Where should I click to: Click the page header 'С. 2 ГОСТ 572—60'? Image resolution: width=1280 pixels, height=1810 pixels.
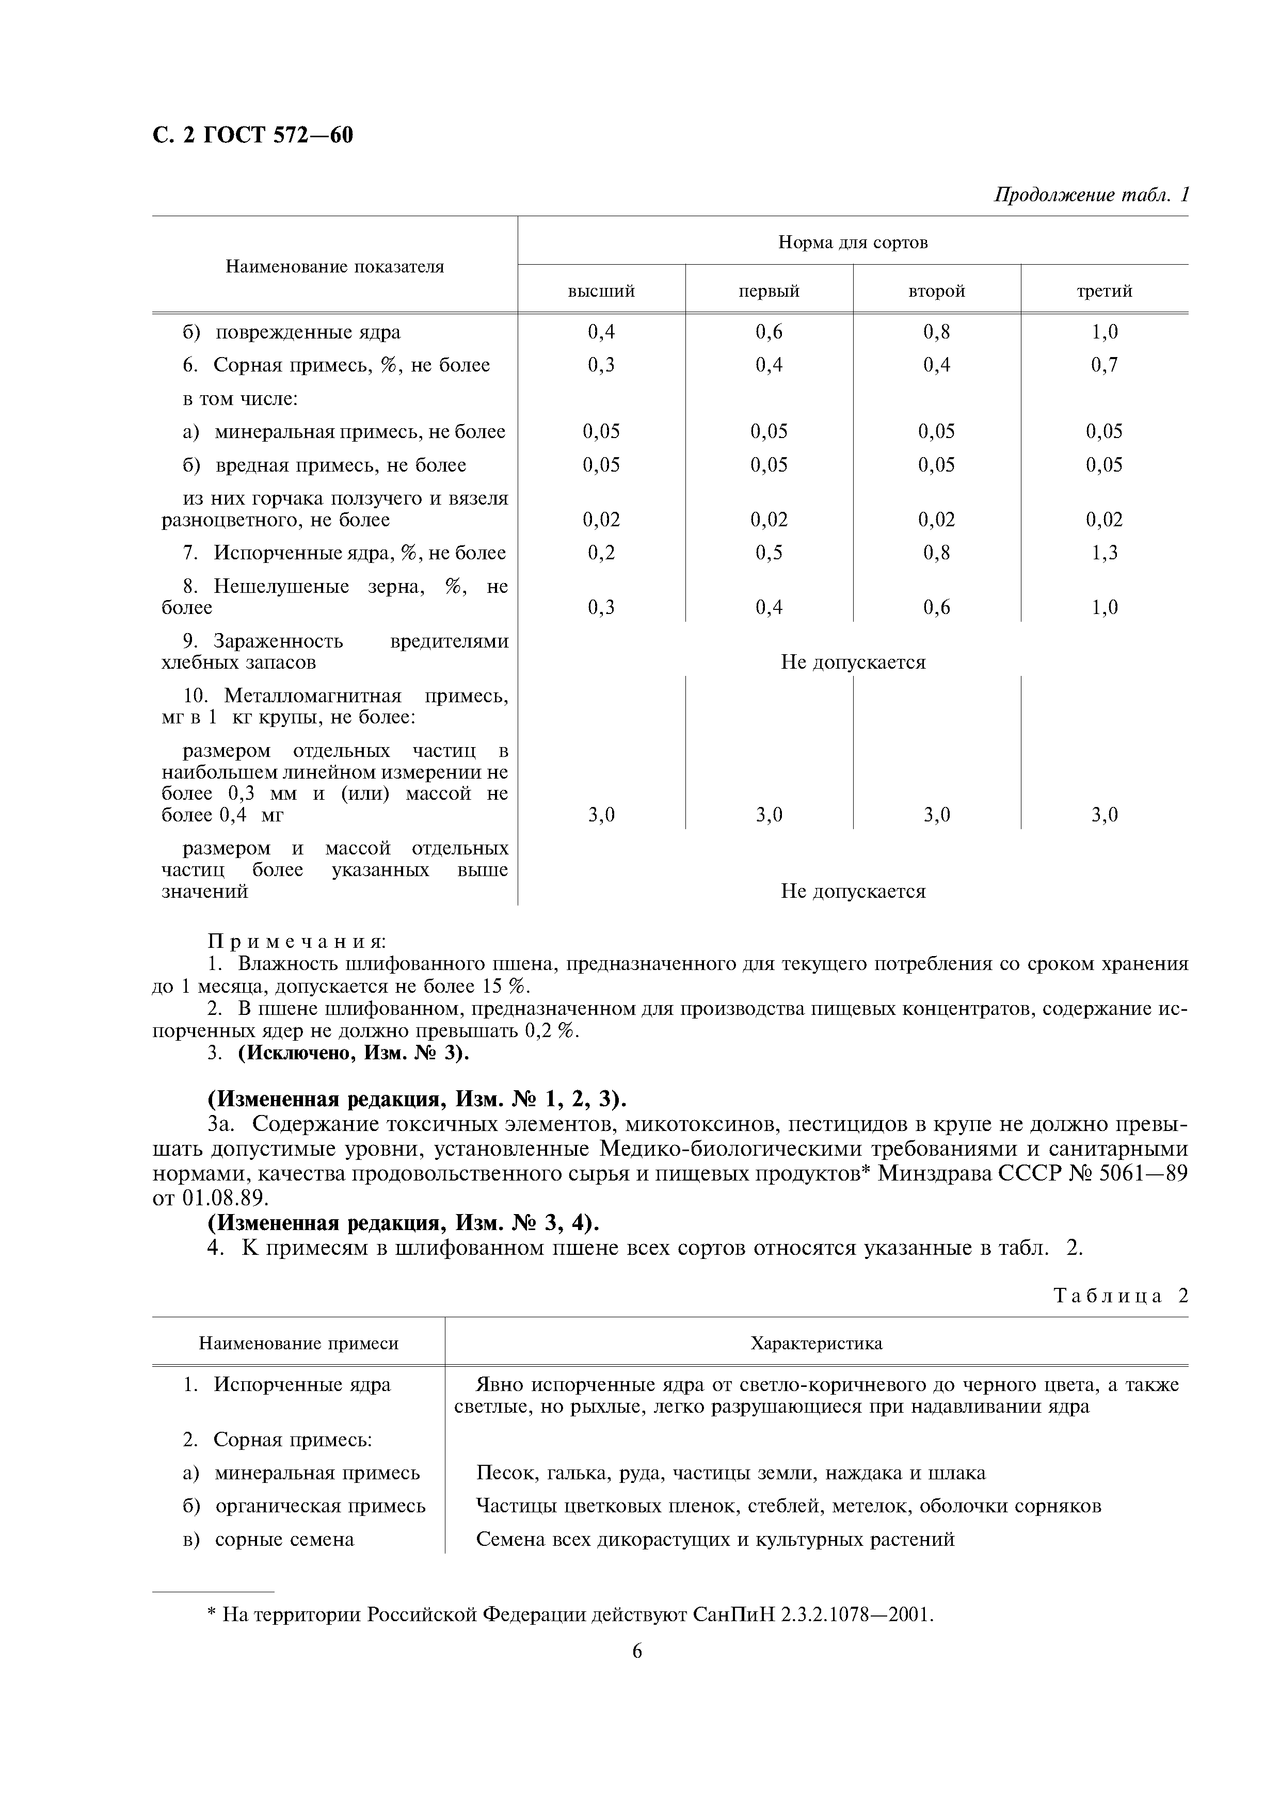(x=252, y=136)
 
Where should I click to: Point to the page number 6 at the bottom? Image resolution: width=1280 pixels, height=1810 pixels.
(x=637, y=1651)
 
